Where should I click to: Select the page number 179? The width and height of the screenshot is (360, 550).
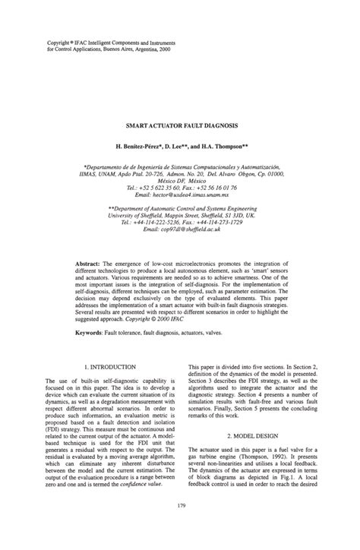click(180, 526)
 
